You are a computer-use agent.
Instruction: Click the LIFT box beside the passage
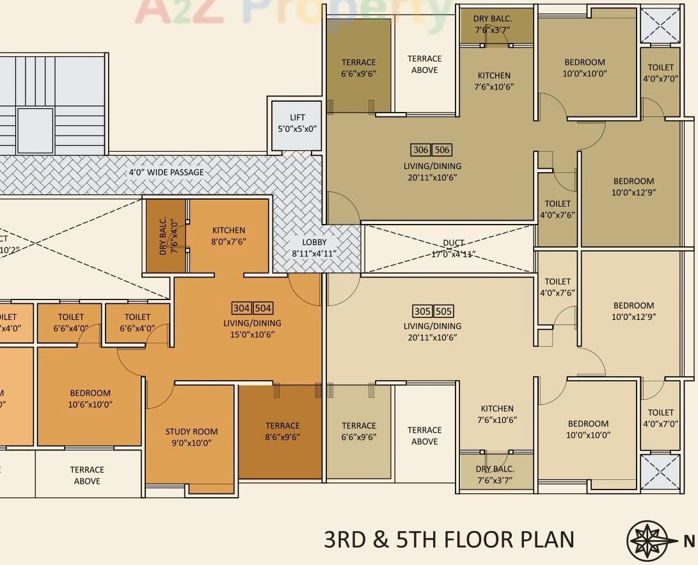297,125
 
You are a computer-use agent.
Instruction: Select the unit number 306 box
420,150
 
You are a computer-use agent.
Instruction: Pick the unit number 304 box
241,308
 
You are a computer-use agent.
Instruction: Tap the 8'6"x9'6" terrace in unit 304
282,431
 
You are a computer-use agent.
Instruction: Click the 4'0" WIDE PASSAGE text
166,172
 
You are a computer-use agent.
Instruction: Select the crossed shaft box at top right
660,27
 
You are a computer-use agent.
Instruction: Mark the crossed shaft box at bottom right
660,472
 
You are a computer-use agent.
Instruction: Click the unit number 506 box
442,150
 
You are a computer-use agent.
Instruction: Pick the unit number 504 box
263,308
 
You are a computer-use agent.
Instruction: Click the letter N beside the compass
689,541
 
